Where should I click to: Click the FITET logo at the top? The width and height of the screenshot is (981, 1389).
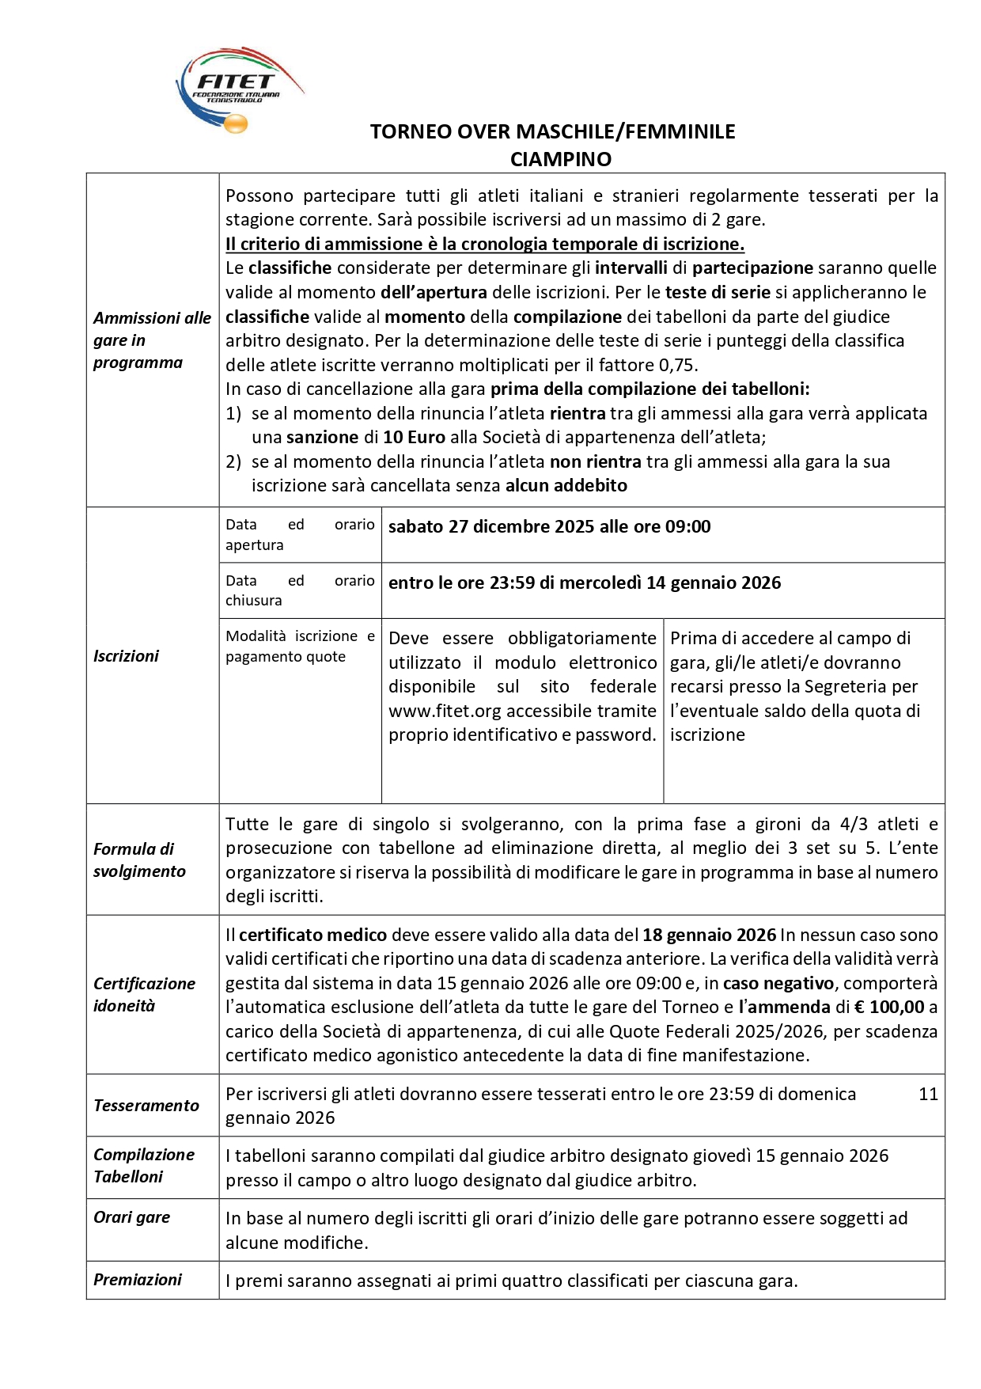pyautogui.click(x=237, y=89)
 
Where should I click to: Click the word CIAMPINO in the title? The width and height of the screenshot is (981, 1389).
pyautogui.click(x=560, y=159)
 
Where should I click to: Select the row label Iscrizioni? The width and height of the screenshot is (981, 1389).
pyautogui.click(x=126, y=655)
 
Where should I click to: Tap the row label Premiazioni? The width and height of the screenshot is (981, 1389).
pyautogui.click(x=138, y=1279)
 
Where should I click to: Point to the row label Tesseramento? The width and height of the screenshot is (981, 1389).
pyautogui.click(x=146, y=1105)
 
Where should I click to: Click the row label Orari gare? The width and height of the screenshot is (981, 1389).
pyautogui.click(x=131, y=1216)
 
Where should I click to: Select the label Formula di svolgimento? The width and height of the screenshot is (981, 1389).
pyautogui.click(x=139, y=860)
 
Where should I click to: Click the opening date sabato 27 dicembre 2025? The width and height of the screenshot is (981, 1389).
pyautogui.click(x=490, y=526)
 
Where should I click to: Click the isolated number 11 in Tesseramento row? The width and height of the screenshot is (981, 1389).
pyautogui.click(x=928, y=1094)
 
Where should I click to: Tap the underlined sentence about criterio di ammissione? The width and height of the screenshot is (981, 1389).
pyautogui.click(x=484, y=244)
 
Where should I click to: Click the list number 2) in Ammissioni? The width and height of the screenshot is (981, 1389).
pyautogui.click(x=233, y=461)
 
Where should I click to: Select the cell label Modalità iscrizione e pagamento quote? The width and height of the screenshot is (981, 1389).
pyautogui.click(x=300, y=646)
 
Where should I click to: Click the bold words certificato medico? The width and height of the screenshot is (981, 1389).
pyautogui.click(x=312, y=935)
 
